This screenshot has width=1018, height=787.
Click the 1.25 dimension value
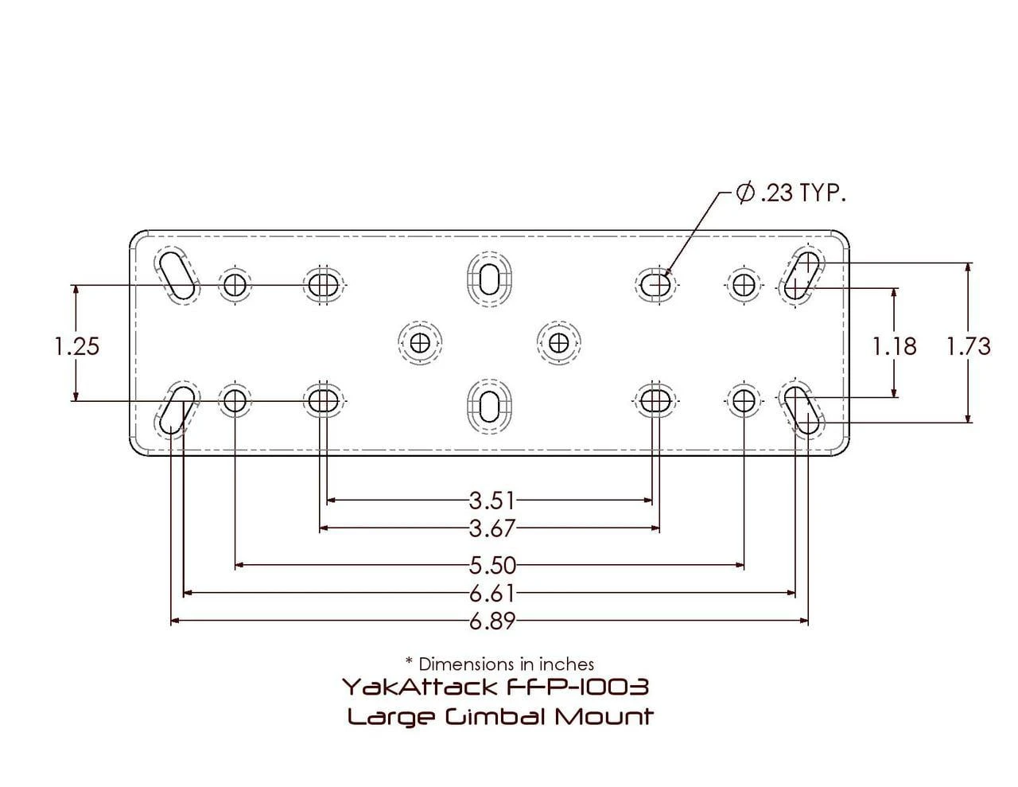coord(77,346)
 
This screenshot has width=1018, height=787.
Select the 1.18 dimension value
coord(895,346)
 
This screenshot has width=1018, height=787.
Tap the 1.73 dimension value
coord(969,346)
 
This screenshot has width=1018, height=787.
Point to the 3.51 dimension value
coord(492,501)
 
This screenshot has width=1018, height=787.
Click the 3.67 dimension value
coord(492,528)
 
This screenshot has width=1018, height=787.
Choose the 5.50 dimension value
coord(492,566)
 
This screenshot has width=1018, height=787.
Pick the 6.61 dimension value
coord(492,593)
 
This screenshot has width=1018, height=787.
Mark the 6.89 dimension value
coord(492,621)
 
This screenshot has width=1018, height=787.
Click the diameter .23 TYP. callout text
coord(791,193)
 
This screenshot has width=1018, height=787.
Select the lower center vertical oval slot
coord(489,404)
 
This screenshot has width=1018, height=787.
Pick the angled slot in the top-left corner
coord(177,275)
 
